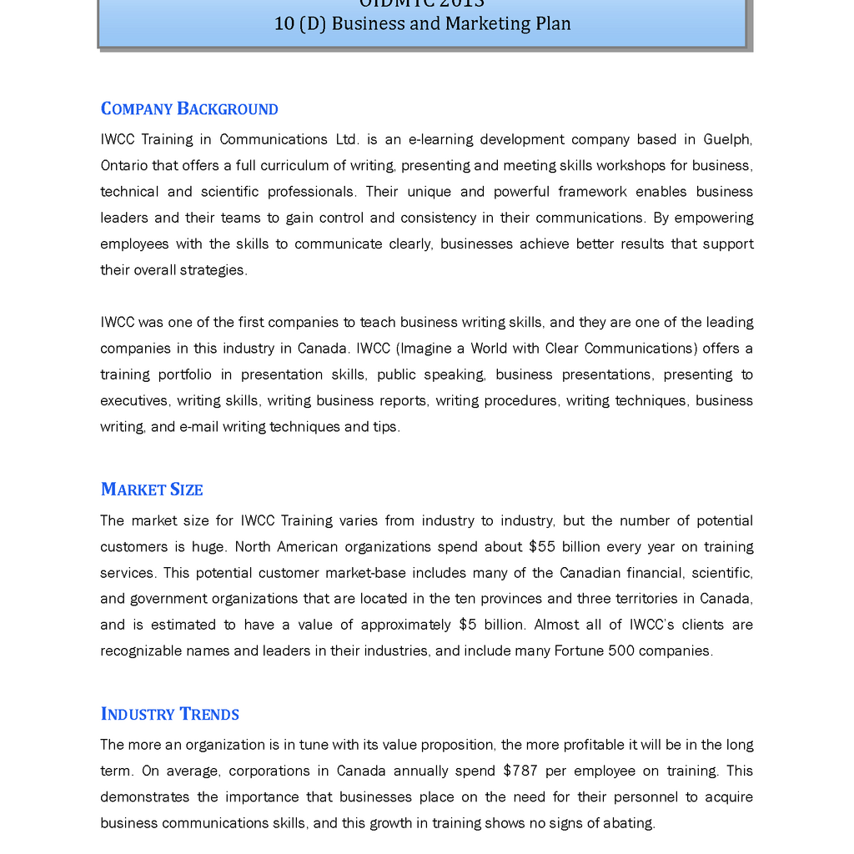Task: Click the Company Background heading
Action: [189, 109]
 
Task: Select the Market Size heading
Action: [152, 490]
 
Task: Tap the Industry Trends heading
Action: [170, 714]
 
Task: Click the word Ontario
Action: [123, 165]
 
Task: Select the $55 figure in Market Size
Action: [543, 547]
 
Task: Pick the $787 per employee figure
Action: [520, 771]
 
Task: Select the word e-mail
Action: [198, 426]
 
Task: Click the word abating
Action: [630, 823]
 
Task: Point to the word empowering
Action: [714, 218]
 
